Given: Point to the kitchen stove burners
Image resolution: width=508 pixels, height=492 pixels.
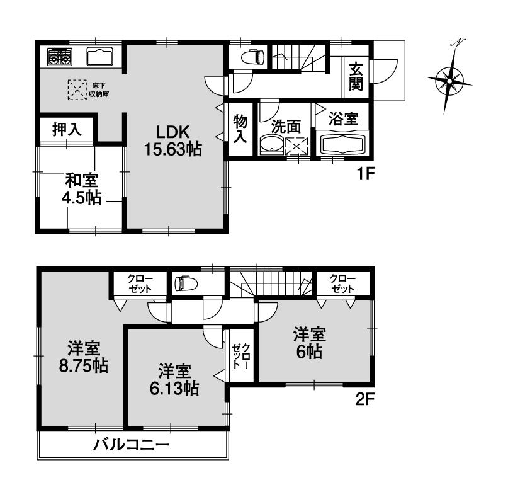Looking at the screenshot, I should (x=59, y=57).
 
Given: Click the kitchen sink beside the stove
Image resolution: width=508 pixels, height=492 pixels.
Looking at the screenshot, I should (x=99, y=57).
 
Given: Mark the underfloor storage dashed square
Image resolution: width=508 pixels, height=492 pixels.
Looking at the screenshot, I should (x=77, y=89).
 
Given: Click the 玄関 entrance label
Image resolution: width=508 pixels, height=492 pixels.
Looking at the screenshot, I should (x=356, y=74).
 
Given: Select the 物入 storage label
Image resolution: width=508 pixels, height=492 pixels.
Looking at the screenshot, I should (x=240, y=128).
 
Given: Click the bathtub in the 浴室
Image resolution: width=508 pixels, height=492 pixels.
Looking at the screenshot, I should (x=343, y=144).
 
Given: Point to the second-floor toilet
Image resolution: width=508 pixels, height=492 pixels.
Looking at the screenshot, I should (x=186, y=282).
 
